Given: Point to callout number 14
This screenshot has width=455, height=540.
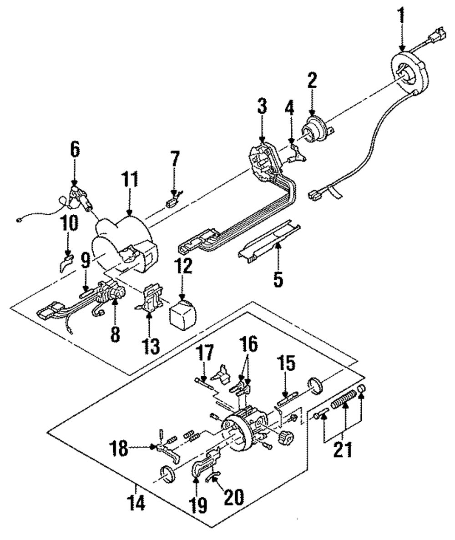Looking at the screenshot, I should (136, 503).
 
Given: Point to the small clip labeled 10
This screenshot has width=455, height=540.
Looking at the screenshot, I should (66, 263).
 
